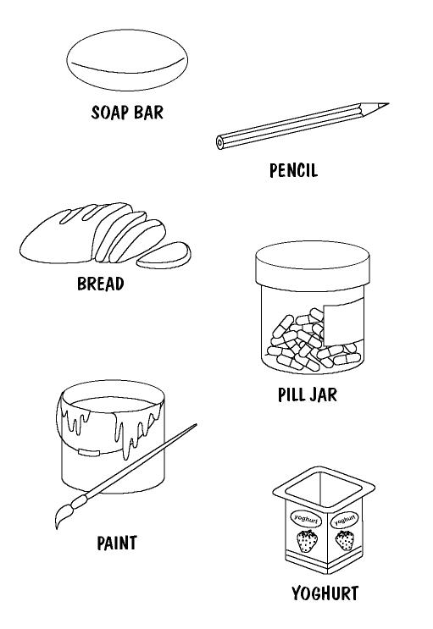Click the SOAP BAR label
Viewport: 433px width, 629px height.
(127, 113)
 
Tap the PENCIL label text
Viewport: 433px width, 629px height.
(293, 170)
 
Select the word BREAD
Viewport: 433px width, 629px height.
(101, 284)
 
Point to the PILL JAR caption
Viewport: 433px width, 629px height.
(308, 395)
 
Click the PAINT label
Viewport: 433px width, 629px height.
(117, 543)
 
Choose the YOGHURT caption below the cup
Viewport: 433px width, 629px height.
(325, 593)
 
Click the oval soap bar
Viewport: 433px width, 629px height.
(127, 60)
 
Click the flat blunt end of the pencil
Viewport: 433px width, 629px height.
(219, 142)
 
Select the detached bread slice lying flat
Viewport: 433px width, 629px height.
(164, 256)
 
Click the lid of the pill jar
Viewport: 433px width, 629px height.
(313, 263)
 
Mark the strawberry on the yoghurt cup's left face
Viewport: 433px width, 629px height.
(308, 541)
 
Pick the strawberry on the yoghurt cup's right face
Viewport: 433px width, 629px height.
(345, 540)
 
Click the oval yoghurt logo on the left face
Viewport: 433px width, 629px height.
(306, 519)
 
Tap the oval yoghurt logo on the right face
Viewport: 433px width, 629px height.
(344, 521)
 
